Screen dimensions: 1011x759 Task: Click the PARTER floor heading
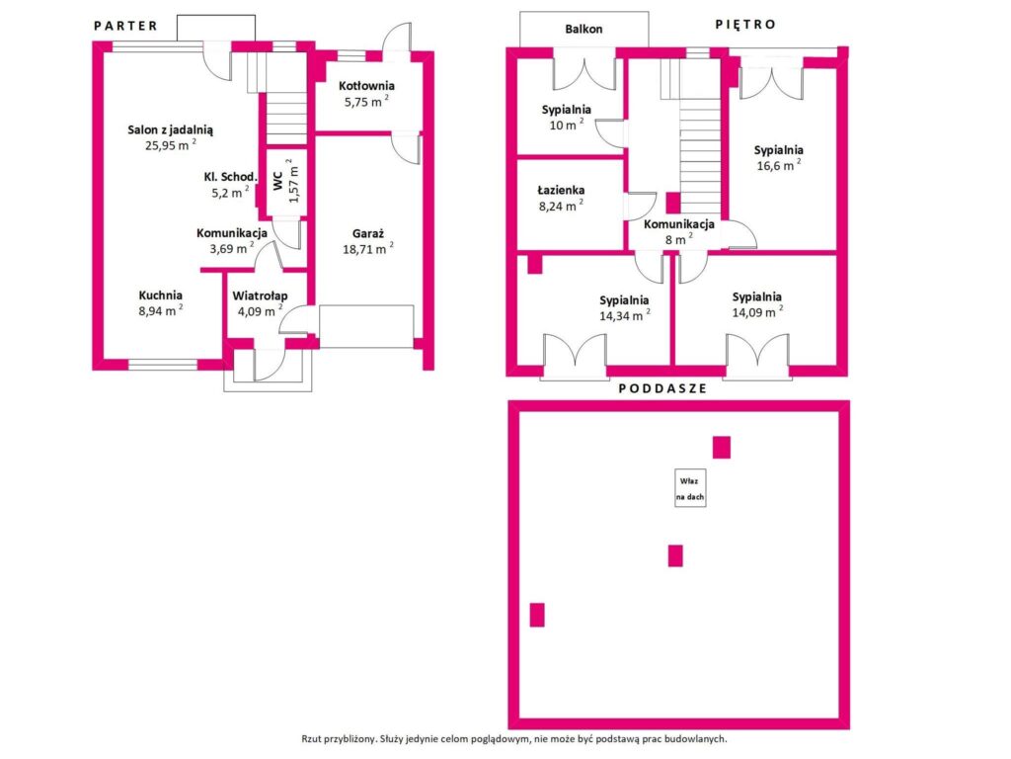click(x=125, y=26)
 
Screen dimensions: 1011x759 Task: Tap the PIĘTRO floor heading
click(x=745, y=24)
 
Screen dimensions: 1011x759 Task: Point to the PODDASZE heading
click(x=662, y=388)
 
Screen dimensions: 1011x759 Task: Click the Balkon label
click(x=583, y=29)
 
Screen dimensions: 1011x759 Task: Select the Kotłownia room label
click(x=366, y=86)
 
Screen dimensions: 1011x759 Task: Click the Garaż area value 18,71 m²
click(x=367, y=248)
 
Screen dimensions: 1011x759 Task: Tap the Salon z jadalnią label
click(x=170, y=129)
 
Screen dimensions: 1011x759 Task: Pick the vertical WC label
click(x=277, y=181)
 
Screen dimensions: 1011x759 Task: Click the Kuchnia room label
click(x=161, y=295)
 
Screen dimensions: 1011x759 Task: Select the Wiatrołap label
click(x=260, y=295)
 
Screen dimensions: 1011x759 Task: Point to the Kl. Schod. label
click(x=230, y=176)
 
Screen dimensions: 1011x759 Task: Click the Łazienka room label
click(x=561, y=190)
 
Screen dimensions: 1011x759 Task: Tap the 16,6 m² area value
click(x=779, y=165)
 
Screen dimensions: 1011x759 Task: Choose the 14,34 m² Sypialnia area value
click(x=625, y=315)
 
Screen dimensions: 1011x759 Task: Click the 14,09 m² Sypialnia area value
click(x=757, y=312)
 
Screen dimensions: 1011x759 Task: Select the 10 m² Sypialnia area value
click(x=567, y=125)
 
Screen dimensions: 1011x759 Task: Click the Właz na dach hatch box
click(x=690, y=488)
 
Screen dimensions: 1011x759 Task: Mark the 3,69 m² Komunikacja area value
click(x=231, y=248)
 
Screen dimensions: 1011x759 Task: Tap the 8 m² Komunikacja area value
click(x=679, y=239)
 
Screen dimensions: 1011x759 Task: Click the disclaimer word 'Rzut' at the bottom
click(x=311, y=739)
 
